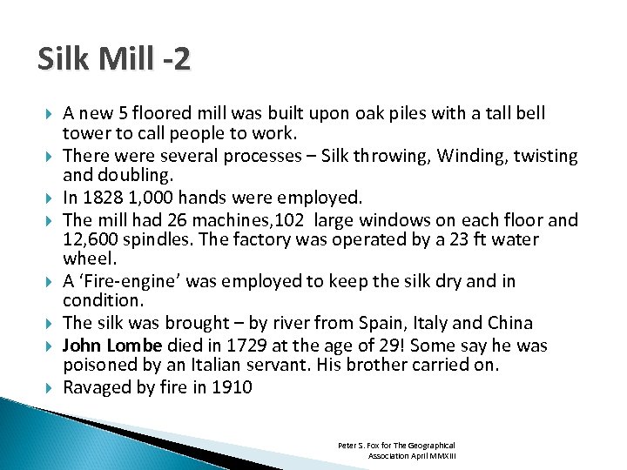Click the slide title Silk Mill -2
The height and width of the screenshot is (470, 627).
(x=114, y=59)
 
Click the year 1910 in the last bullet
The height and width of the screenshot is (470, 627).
(x=233, y=387)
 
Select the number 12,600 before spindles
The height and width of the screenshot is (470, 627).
(x=91, y=239)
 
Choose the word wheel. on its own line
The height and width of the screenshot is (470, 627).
(x=86, y=259)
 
